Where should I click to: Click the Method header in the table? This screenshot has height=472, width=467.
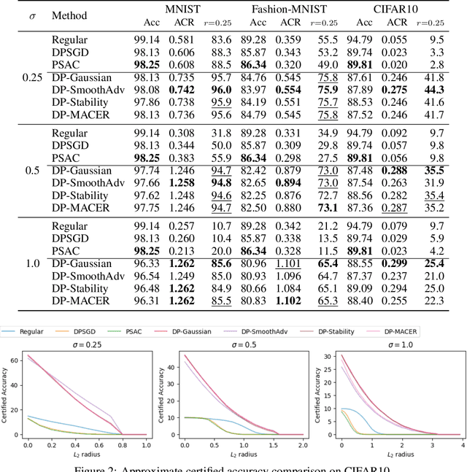coord(70,15)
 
